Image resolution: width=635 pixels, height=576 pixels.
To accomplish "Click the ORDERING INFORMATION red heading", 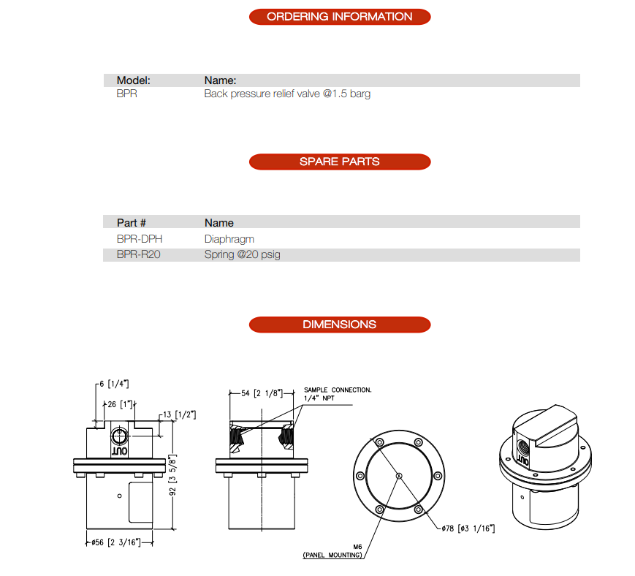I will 339,17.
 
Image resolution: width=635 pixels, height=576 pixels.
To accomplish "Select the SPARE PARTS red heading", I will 339,162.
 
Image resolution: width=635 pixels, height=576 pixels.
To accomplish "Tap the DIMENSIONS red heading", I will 339,325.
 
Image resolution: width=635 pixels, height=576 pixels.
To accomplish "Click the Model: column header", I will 134,80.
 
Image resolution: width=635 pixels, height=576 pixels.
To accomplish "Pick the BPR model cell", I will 126,94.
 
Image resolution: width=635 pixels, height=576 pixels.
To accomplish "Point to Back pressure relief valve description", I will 287,94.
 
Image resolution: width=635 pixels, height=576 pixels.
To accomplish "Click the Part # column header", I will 132,222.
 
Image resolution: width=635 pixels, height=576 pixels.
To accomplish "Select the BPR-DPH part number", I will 140,239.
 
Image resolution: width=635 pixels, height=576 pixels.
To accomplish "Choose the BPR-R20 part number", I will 139,255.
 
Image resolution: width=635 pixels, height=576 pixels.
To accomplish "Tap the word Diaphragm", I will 229,239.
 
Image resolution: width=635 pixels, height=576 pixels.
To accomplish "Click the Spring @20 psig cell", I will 242,255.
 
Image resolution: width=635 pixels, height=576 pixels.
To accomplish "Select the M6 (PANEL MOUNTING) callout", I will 332,551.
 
